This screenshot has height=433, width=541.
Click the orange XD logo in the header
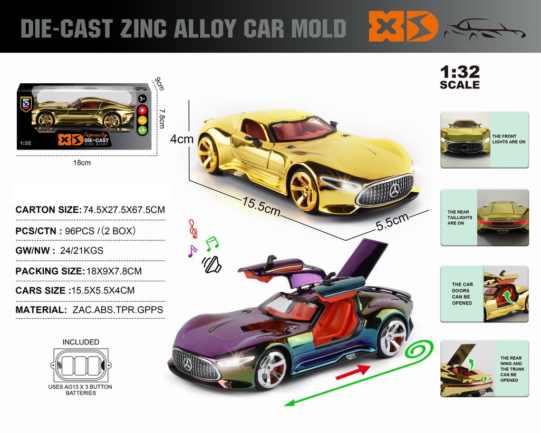[x=403, y=26]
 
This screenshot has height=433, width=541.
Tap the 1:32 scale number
[x=459, y=72]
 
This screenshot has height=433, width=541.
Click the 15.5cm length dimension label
[x=261, y=206]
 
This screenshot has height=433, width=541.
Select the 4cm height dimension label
[x=182, y=140]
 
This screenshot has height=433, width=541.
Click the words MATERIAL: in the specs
[x=41, y=310]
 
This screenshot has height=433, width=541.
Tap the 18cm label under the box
[x=82, y=163]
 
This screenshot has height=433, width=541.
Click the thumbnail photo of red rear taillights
[x=503, y=218]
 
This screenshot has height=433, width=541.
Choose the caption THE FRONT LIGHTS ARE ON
[x=509, y=139]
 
